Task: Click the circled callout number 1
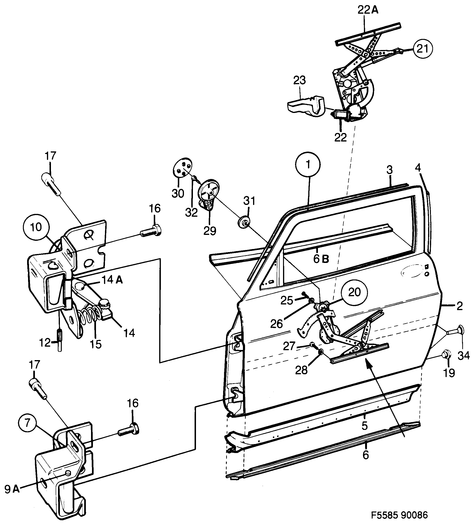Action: click(x=308, y=165)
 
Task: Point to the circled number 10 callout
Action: click(x=36, y=227)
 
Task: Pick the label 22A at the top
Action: click(x=368, y=10)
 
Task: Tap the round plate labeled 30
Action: click(x=183, y=167)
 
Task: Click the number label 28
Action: click(x=301, y=371)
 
